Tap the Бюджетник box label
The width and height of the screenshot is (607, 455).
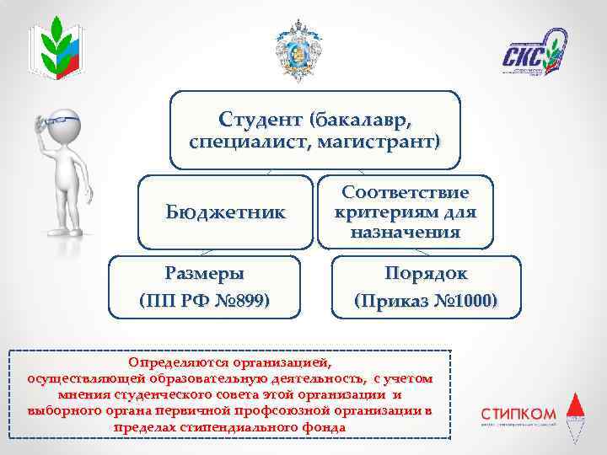pos(225,211)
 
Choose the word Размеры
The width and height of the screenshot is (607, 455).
pos(205,274)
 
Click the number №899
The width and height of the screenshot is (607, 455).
pos(241,300)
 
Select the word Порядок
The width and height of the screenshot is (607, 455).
pos(426,274)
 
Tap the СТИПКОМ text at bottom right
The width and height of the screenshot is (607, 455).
pos(518,414)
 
